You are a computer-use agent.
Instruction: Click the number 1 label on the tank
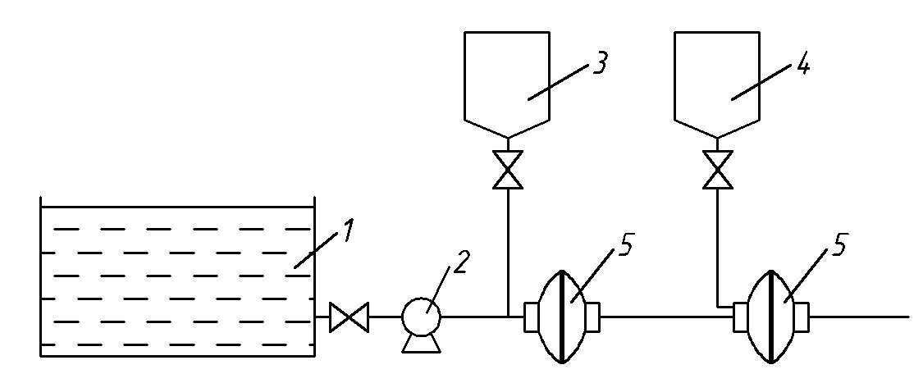(x=348, y=231)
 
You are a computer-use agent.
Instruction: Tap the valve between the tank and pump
(x=349, y=317)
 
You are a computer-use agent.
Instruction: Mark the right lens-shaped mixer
(x=771, y=316)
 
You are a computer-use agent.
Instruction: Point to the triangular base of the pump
(x=422, y=344)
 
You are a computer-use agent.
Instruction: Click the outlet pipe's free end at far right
(x=906, y=316)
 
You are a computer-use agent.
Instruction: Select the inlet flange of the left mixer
(x=529, y=316)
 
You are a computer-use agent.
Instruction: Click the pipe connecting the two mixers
(x=665, y=316)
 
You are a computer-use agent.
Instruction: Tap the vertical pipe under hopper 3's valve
(x=509, y=246)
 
